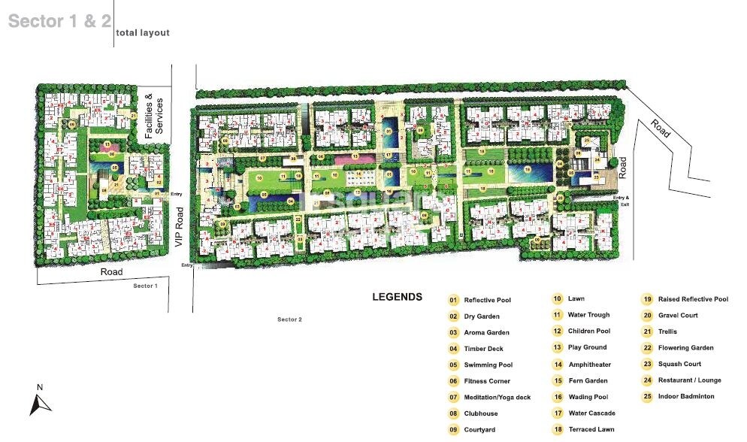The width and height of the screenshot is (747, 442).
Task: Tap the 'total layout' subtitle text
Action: tap(143, 33)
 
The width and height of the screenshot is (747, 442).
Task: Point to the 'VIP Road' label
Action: tap(179, 228)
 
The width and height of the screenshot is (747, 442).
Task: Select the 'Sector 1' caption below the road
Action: tap(145, 286)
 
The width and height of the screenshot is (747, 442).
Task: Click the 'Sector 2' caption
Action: tap(289, 319)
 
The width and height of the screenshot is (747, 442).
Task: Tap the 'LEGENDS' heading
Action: tap(397, 297)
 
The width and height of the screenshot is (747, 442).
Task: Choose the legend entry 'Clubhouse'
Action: tap(481, 413)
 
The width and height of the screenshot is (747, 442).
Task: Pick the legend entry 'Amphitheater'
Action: tap(589, 365)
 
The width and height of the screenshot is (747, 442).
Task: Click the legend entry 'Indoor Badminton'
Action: tap(685, 396)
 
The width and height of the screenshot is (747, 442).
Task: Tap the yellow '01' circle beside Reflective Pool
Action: tap(453, 300)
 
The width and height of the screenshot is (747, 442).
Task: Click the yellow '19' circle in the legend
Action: tap(646, 299)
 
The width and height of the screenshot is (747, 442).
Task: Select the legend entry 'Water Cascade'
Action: tap(591, 413)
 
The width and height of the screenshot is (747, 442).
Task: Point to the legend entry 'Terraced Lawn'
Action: tap(591, 430)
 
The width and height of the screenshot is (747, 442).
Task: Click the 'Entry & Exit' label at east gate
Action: tap(620, 201)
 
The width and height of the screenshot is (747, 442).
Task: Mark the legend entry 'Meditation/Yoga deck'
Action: tap(497, 397)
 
